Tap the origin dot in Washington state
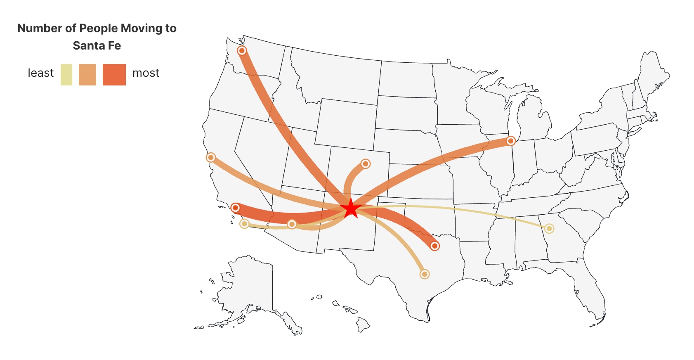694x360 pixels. click(x=242, y=50)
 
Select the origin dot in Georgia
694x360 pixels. click(x=549, y=228)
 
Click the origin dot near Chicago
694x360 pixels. click(x=511, y=141)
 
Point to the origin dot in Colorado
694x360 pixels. click(x=365, y=164)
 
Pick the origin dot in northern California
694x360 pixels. click(x=211, y=157)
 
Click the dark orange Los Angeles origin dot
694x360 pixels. click(x=235, y=207)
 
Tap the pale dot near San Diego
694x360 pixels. click(x=244, y=224)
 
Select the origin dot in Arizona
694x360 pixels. click(x=292, y=224)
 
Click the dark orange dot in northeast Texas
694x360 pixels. click(x=434, y=246)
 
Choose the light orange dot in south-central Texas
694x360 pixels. click(x=424, y=274)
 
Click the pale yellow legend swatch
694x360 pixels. click(x=66, y=75)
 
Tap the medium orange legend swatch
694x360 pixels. click(x=87, y=75)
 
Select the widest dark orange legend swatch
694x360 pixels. click(x=114, y=75)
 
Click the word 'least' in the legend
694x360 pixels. click(x=40, y=73)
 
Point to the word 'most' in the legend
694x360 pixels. click(x=146, y=73)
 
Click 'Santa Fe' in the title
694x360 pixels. click(x=97, y=45)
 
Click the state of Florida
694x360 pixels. click(x=590, y=289)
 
